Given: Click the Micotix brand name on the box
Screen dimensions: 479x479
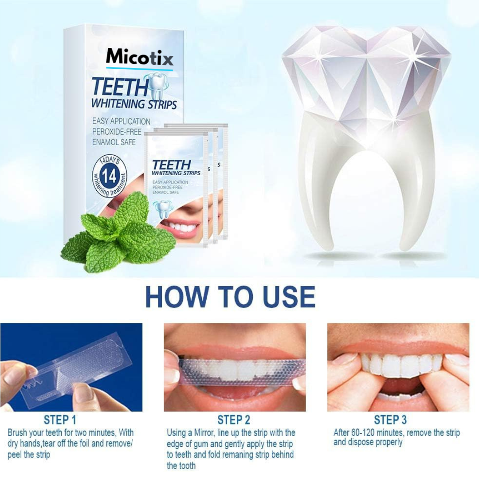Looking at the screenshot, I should click(x=139, y=57).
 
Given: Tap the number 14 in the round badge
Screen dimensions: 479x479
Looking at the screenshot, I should click(x=110, y=176).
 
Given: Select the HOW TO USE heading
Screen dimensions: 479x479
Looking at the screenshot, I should click(x=230, y=297).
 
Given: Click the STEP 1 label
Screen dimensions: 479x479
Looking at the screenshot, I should click(x=60, y=420).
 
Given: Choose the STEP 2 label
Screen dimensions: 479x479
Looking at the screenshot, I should click(x=234, y=420).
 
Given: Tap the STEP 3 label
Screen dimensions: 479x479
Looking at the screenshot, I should click(x=390, y=420).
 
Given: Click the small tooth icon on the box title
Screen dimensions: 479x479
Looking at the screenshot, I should click(x=156, y=86).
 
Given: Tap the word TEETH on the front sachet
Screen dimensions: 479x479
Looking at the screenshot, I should click(x=171, y=165).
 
